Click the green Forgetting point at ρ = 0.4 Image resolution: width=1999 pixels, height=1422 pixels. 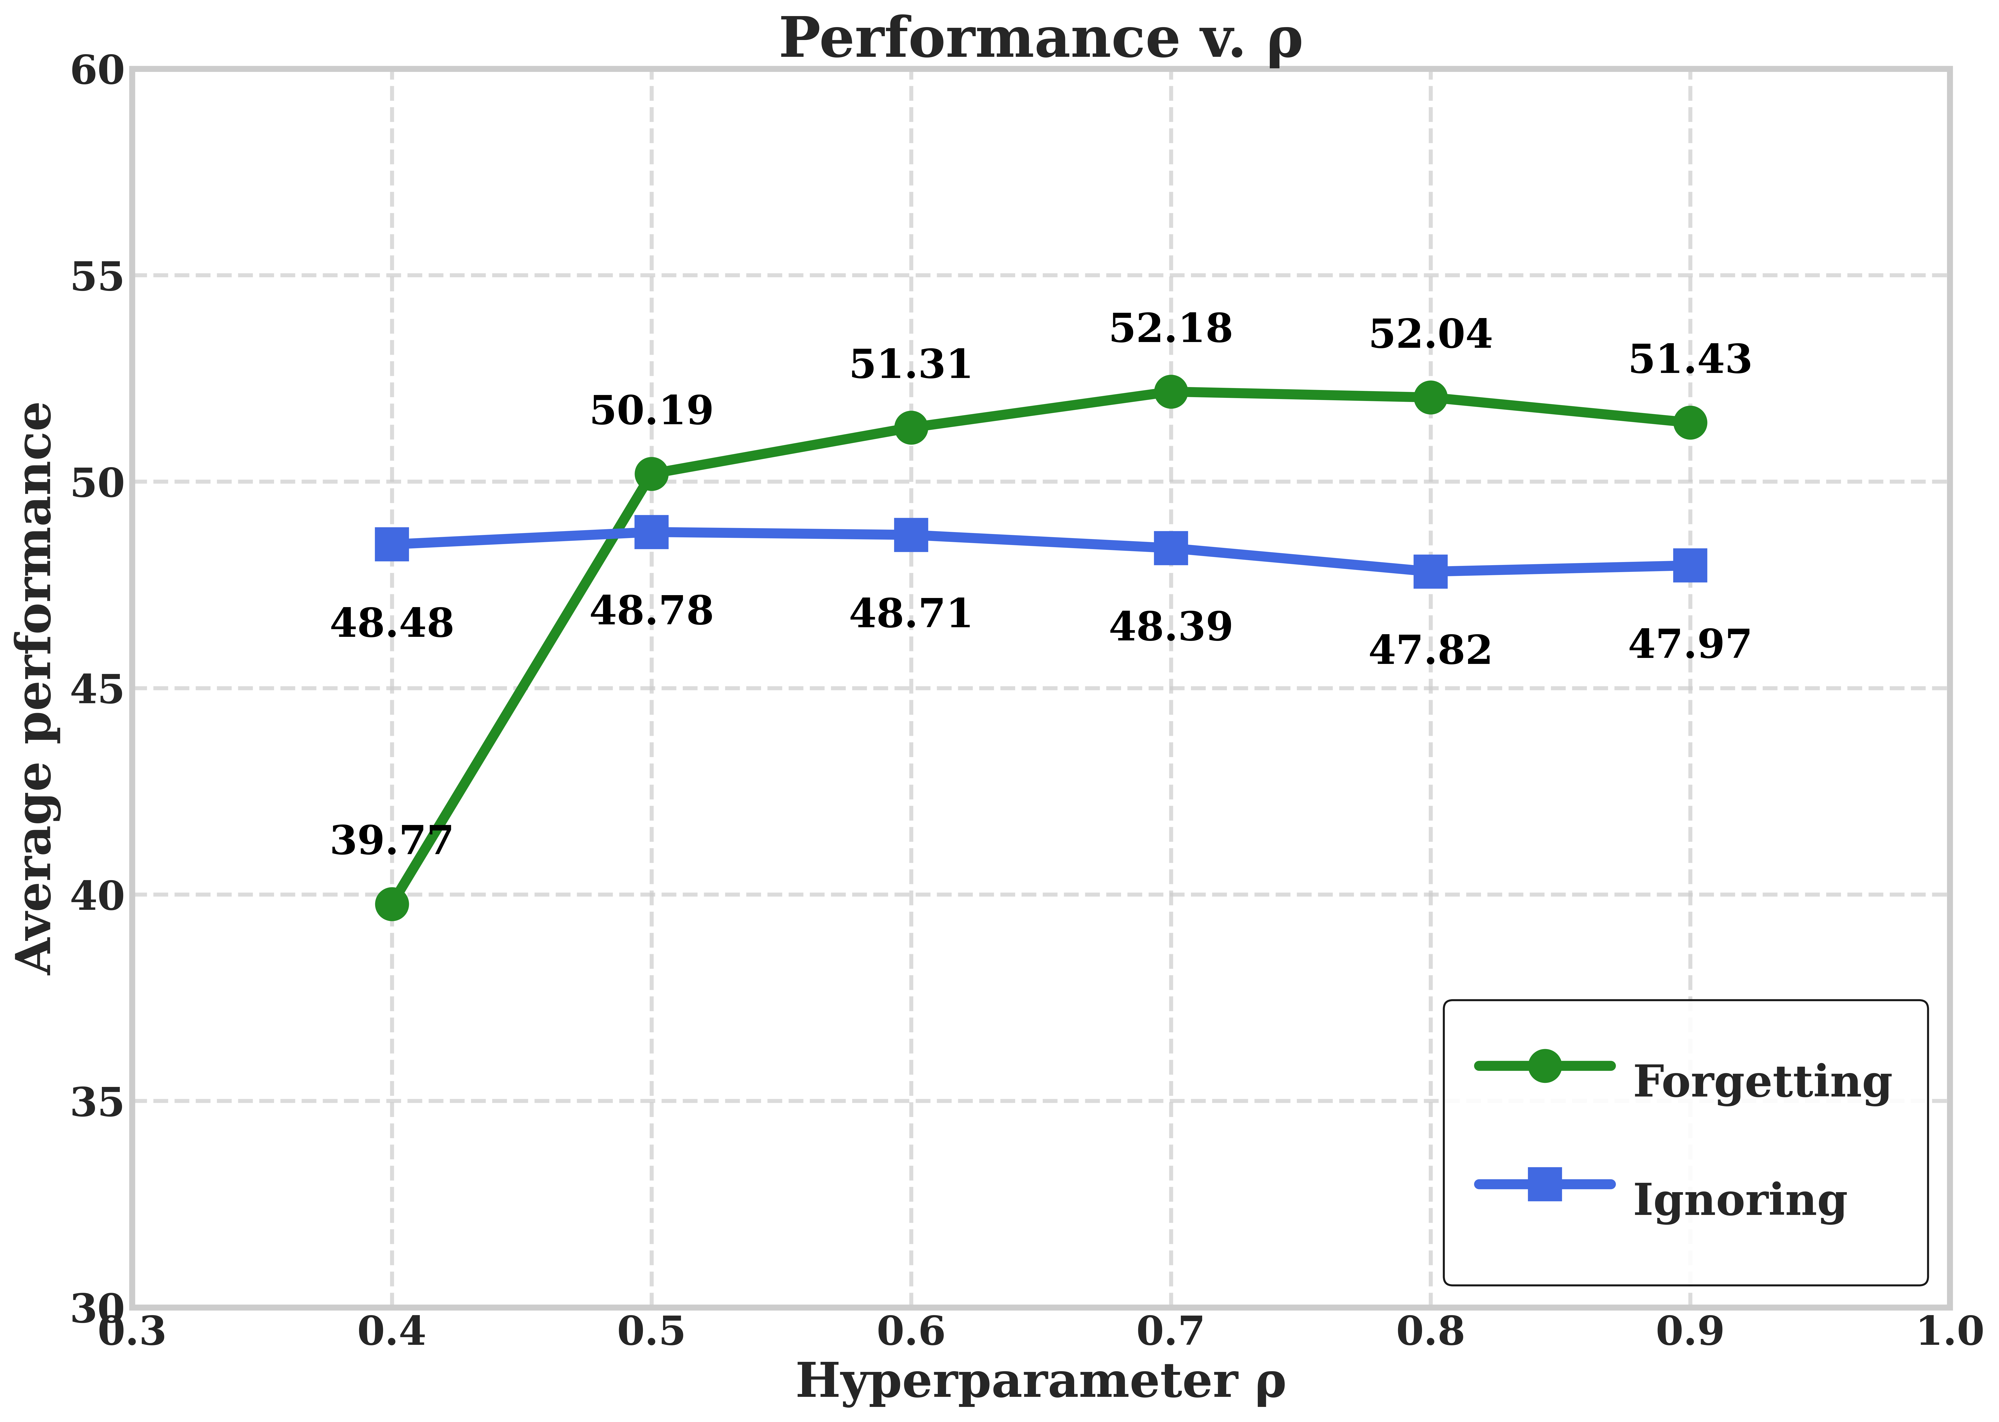[391, 904]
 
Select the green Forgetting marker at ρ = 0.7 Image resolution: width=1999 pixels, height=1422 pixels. [1171, 391]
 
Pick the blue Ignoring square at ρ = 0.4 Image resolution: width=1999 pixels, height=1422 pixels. [391, 544]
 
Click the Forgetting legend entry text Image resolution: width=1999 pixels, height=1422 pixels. [1762, 1081]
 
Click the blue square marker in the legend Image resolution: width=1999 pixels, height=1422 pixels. [1544, 1184]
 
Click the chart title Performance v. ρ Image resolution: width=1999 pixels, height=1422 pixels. [1040, 39]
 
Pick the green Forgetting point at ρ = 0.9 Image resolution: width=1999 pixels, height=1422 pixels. [1690, 423]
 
